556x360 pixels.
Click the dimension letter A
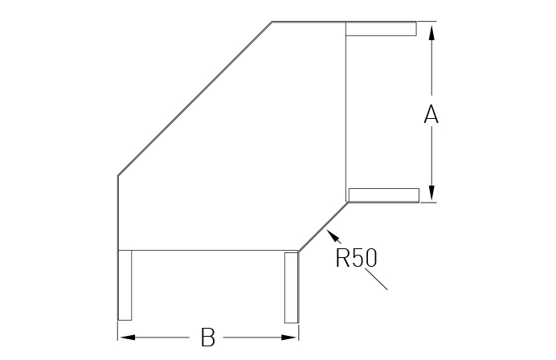click(x=431, y=114)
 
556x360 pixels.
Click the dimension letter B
click(x=208, y=337)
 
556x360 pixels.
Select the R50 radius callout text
click(x=356, y=257)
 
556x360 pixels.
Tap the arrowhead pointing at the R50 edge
click(x=333, y=235)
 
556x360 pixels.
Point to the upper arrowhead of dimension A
click(x=431, y=33)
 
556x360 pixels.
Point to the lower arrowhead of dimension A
click(x=431, y=193)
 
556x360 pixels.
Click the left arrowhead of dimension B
click(x=128, y=337)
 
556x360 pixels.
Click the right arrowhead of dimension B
click(x=289, y=337)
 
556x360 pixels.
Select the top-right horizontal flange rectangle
click(x=381, y=29)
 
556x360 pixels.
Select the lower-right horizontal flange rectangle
click(x=384, y=195)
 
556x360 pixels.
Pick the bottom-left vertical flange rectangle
click(x=125, y=285)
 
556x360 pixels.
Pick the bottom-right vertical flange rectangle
click(x=291, y=288)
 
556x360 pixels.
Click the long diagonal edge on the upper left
click(x=194, y=98)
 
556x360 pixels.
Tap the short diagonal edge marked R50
click(x=323, y=227)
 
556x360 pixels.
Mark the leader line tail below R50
click(x=376, y=280)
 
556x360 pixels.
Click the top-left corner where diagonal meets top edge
click(x=272, y=22)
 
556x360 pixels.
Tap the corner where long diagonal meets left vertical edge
click(x=118, y=175)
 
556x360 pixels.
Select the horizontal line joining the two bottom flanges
click(x=208, y=251)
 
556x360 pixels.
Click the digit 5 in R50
click(x=358, y=257)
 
